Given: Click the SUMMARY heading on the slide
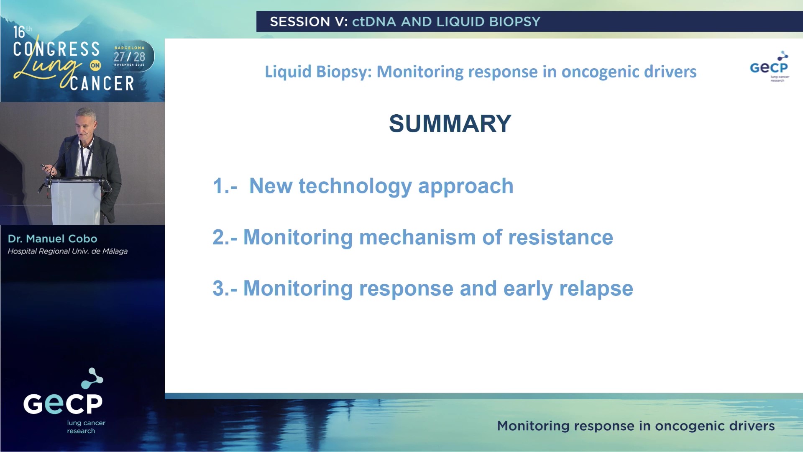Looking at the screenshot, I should point(450,123).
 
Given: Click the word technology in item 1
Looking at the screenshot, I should point(355,186).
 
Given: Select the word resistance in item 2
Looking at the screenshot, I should point(560,237).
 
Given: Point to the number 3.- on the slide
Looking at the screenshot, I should point(225,288).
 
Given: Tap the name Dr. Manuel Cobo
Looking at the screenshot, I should point(53,239).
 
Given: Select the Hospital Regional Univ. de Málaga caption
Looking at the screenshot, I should point(67,251).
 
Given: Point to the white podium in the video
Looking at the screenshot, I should point(75,201).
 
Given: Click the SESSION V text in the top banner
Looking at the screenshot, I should point(308,22).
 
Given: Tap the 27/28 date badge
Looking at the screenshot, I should point(130,56).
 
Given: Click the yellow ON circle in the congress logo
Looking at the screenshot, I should point(95,65).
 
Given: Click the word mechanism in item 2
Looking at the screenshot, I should point(417,237).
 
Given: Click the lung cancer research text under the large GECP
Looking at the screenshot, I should point(86,427).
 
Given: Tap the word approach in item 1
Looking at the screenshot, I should point(465,187).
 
